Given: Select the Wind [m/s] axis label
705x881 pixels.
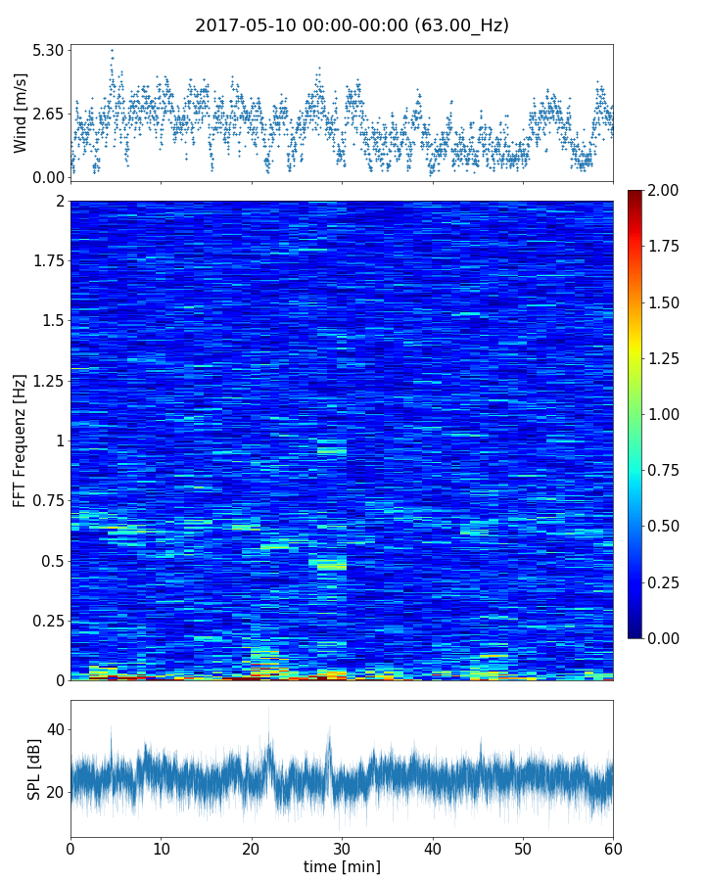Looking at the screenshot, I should point(21,113).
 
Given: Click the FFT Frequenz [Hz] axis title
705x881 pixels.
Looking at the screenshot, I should point(21,440).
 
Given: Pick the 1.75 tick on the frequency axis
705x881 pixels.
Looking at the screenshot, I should point(45,260).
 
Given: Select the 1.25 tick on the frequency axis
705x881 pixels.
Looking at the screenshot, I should point(45,381).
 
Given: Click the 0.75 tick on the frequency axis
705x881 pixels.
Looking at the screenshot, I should point(45,500).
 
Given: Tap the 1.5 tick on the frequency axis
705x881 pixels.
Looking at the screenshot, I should point(50,321).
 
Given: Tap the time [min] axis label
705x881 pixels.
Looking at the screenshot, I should point(342,866).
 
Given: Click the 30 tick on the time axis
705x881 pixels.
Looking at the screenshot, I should point(342,846).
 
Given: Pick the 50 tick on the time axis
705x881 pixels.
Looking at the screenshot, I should point(523,846).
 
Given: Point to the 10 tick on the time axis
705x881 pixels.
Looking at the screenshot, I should point(161,846).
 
